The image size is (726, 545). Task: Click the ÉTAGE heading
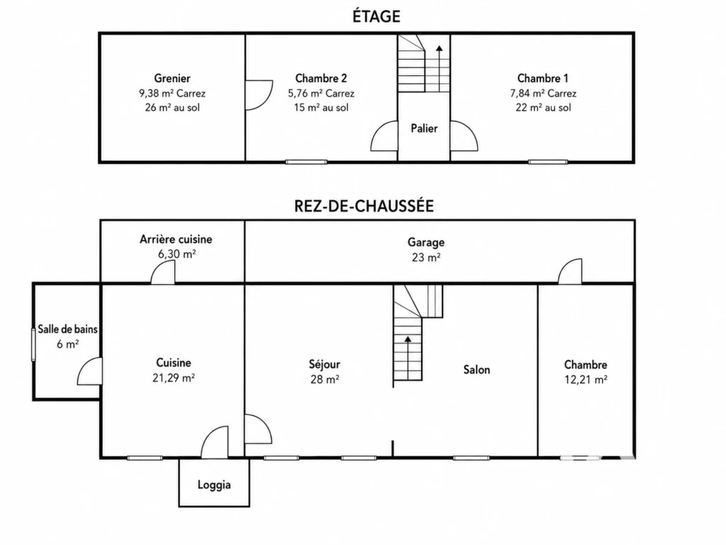tap(376, 16)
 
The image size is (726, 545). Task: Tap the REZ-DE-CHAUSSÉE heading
tap(364, 206)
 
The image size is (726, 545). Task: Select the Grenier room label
tap(172, 78)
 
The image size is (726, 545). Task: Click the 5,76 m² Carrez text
tap(321, 93)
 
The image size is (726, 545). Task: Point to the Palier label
tap(424, 128)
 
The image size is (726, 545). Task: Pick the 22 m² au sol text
tap(543, 108)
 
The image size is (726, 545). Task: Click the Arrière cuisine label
tap(176, 239)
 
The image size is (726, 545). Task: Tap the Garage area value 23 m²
tap(426, 257)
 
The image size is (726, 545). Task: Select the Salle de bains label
tap(67, 329)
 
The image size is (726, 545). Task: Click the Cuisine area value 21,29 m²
tap(173, 378)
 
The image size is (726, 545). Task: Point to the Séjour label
tap(324, 365)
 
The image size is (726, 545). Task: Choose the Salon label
tap(476, 369)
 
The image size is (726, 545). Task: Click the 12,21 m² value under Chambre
tap(586, 380)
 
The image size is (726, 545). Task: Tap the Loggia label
tap(214, 485)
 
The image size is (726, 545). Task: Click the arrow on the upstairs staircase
tap(439, 68)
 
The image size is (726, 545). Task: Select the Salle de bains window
tap(33, 344)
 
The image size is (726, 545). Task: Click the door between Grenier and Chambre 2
tap(259, 95)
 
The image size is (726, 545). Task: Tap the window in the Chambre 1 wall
tap(548, 162)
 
